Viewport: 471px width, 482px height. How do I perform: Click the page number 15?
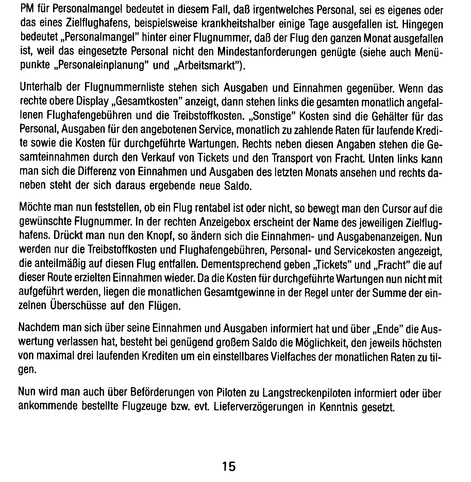tap(229, 466)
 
